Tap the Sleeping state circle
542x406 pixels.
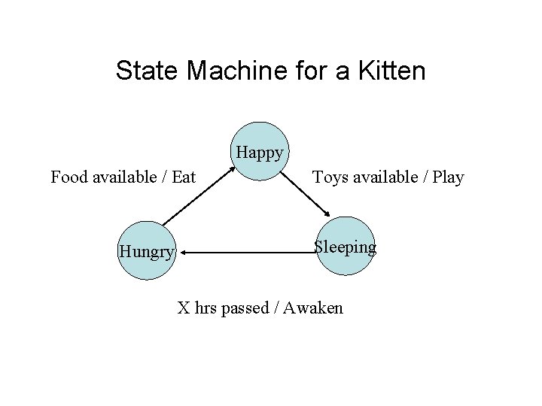coord(344,247)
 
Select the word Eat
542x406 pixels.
coord(184,177)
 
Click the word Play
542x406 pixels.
coord(449,177)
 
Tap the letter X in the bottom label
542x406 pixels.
coord(183,308)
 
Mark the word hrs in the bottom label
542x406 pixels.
coord(206,308)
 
